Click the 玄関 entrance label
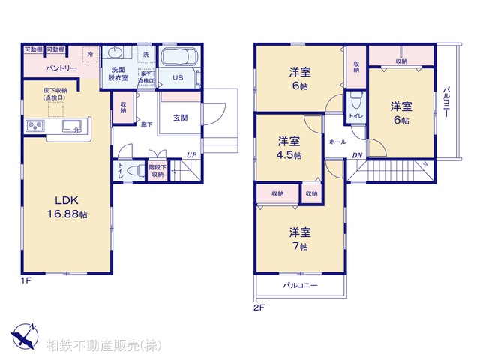tap(180, 118)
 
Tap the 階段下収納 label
tap(157, 172)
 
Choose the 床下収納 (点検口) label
tap(55, 94)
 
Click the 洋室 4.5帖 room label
tap(289, 148)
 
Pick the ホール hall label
tap(337, 142)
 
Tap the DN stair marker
tap(357, 155)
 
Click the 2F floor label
tap(259, 307)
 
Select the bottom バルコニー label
tap(300, 286)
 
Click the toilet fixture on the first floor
tap(133, 172)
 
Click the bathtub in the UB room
tap(179, 58)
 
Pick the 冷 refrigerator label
tap(90, 54)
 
